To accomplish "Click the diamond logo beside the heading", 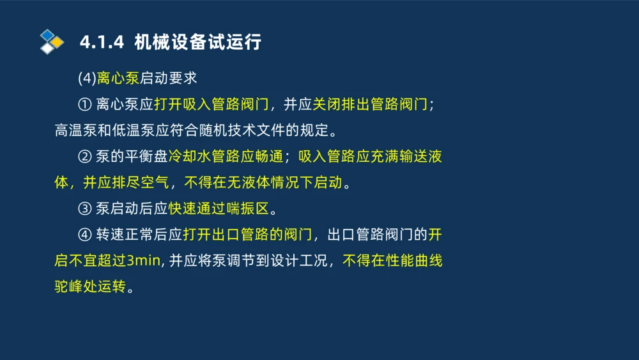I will click(51, 42).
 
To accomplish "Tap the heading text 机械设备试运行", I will click(198, 42).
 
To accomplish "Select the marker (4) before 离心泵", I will click(87, 79).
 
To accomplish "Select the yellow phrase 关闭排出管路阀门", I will click(371, 105).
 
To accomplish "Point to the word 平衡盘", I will click(146, 157).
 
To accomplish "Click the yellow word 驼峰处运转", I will click(90, 287).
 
